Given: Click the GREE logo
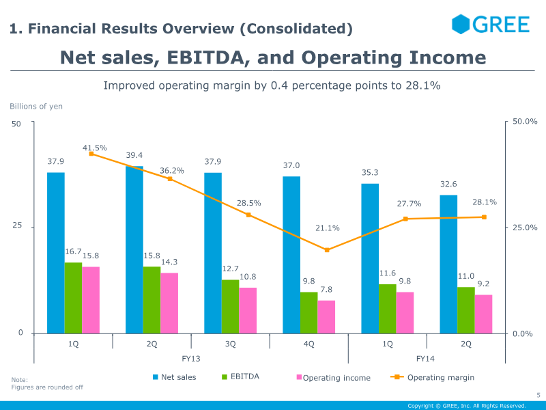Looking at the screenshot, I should click(x=490, y=25).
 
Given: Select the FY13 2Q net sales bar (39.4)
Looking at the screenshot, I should click(x=134, y=249).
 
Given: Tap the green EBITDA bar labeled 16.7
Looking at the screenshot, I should click(x=73, y=298).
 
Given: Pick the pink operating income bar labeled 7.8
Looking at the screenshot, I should click(x=326, y=317).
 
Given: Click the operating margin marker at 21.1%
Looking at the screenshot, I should click(x=327, y=250).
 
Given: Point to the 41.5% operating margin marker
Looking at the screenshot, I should click(x=91, y=154).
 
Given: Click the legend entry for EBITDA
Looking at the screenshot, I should click(x=240, y=377).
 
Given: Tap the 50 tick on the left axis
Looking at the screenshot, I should click(x=17, y=124).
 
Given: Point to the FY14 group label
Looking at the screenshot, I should click(x=425, y=359).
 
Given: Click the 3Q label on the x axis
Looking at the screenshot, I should click(x=231, y=344).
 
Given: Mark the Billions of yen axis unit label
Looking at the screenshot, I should click(x=36, y=106).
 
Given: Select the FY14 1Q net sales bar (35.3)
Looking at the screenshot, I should click(x=370, y=258).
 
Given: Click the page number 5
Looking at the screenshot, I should click(x=538, y=395).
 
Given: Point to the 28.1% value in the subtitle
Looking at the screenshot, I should click(x=425, y=86).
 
